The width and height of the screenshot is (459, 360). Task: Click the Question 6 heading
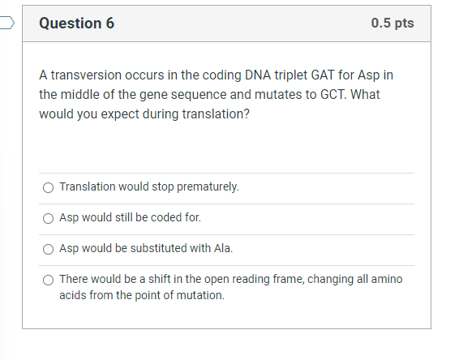77,24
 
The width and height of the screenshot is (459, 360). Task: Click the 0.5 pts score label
393,24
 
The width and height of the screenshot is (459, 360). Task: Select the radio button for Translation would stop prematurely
49,188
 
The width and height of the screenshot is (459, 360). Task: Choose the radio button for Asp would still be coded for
49,218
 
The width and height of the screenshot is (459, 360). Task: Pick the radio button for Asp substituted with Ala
49,249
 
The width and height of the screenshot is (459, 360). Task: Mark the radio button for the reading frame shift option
49,280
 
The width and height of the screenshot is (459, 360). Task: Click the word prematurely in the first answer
212,187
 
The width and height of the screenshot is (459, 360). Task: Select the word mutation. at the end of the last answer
199,295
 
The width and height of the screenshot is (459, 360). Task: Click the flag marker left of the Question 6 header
6,23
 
